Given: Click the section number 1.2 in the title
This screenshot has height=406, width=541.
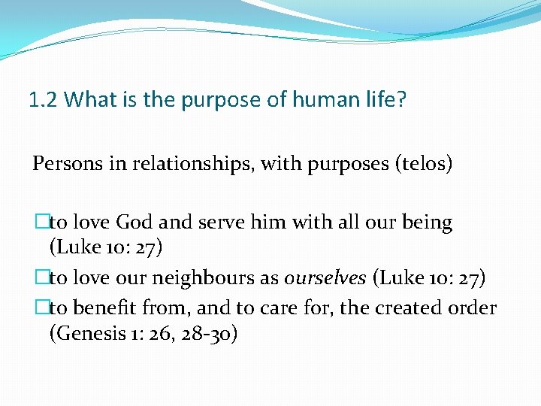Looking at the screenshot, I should pyautogui.click(x=43, y=100).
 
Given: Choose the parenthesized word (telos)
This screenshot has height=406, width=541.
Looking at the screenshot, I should pyautogui.click(x=423, y=163).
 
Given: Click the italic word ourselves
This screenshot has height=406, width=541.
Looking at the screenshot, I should pyautogui.click(x=325, y=279).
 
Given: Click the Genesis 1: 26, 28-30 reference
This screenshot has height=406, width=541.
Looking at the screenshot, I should pyautogui.click(x=144, y=333).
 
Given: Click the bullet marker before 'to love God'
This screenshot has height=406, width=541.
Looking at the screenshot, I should pyautogui.click(x=42, y=223).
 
